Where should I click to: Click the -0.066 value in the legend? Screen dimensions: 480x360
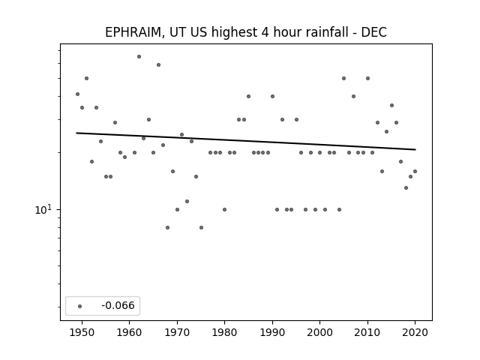[118, 305]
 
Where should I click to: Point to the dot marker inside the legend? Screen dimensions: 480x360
[80, 306]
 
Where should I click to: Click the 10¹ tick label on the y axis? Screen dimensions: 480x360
[43, 210]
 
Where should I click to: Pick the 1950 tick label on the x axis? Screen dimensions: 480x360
[82, 332]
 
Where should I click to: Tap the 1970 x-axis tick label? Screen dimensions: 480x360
[177, 332]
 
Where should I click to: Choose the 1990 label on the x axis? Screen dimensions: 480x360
[272, 332]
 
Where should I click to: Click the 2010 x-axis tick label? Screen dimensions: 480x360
[367, 332]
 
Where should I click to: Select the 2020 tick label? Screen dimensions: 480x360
[415, 332]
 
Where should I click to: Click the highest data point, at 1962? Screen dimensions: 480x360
[139, 57]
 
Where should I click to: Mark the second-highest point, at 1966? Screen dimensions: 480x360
[158, 65]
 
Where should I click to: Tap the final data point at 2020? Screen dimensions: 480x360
[415, 172]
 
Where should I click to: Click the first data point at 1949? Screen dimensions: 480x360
[77, 94]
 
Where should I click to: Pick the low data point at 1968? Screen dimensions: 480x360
[167, 227]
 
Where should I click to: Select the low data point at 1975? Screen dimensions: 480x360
[201, 227]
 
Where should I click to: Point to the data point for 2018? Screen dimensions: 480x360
[406, 188]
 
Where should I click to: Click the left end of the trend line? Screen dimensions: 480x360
[76, 133]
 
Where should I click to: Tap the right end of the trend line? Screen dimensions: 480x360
[415, 149]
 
